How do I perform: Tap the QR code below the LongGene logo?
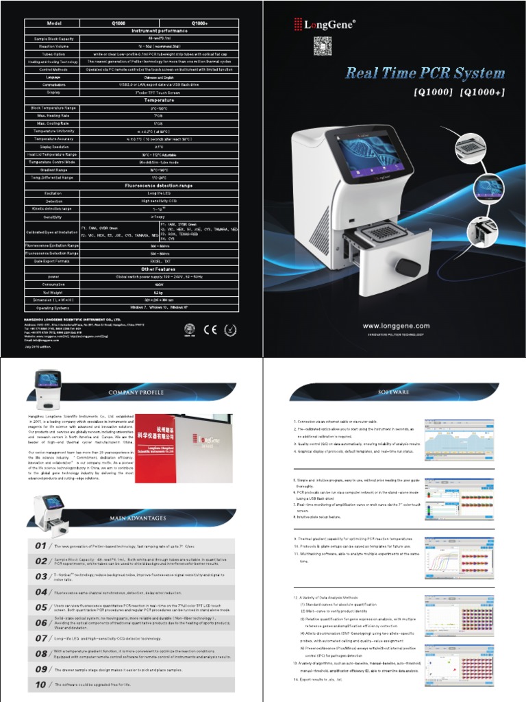pos(323,45)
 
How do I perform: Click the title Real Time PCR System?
pos(425,73)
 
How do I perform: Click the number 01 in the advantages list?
pos(40,546)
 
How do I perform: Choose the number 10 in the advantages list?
pos(40,685)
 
